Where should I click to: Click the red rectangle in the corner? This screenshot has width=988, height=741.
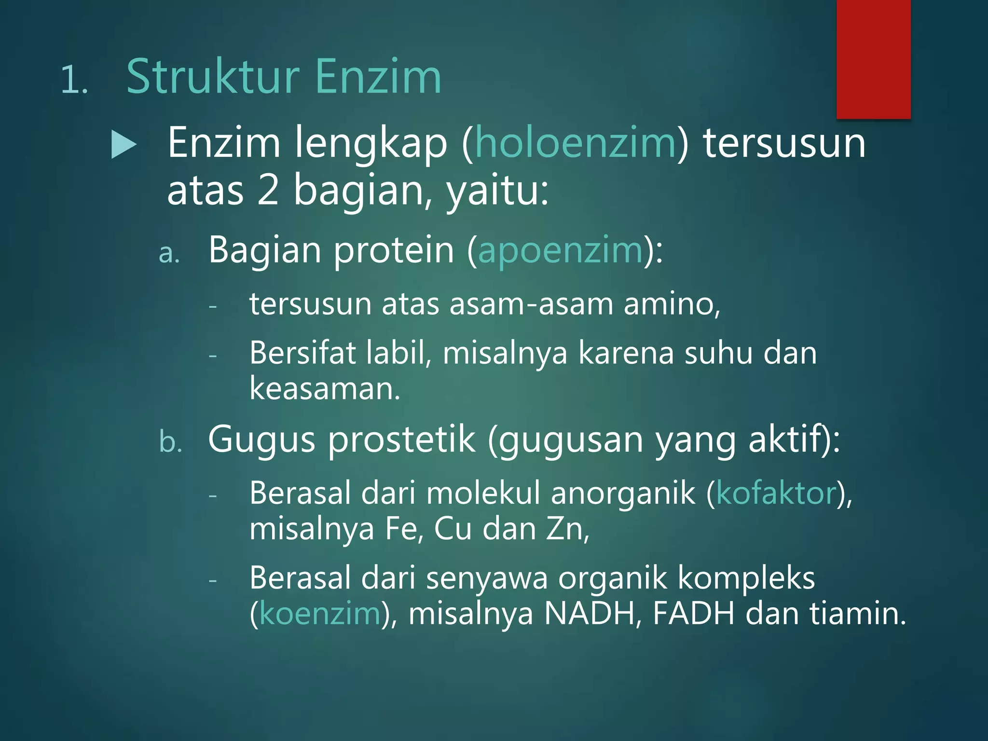873,59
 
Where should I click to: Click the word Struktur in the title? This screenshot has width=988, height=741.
213,77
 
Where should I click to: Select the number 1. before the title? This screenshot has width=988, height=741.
74,80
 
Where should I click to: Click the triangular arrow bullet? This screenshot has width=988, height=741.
123,145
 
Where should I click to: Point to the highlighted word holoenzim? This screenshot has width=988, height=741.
576,143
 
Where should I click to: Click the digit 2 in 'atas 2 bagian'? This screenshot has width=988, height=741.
268,191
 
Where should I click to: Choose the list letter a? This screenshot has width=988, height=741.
169,253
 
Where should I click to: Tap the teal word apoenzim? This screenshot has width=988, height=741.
560,251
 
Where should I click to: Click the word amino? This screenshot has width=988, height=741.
671,305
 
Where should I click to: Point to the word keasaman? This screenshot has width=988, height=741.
324,389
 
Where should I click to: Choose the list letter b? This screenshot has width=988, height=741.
170,442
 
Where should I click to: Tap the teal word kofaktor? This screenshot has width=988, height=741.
776,494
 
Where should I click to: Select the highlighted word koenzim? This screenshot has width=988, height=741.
320,614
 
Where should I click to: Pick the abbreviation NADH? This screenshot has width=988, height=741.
589,614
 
